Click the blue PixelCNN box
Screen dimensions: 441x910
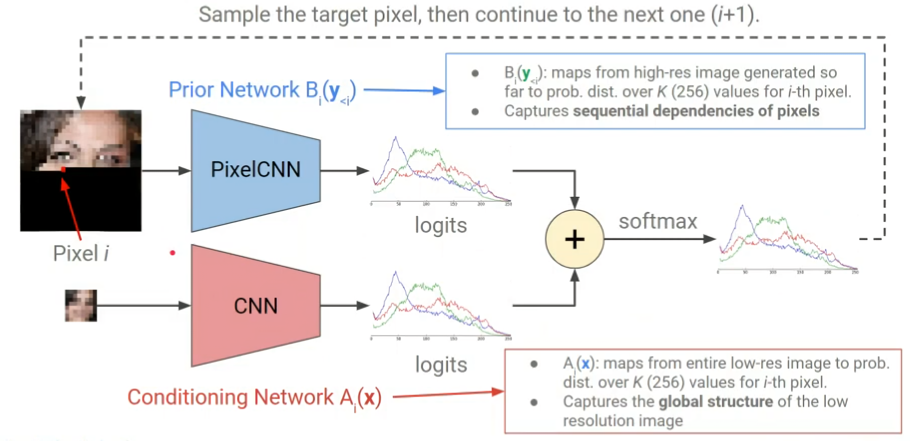click(256, 170)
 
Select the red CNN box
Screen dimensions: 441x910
click(256, 306)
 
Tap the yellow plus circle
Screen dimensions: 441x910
click(574, 239)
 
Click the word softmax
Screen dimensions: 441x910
click(657, 222)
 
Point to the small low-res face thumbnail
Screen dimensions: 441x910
click(80, 306)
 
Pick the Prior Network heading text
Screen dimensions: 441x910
click(262, 91)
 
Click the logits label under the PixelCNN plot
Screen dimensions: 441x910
click(441, 226)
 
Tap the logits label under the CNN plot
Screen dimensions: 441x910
click(441, 365)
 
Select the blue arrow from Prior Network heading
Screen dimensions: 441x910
click(404, 91)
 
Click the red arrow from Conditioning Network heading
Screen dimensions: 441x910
click(448, 393)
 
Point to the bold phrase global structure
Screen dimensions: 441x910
click(716, 401)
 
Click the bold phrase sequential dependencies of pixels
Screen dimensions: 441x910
click(696, 111)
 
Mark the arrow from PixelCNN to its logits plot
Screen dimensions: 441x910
click(344, 171)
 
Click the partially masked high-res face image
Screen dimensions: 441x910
click(81, 170)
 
